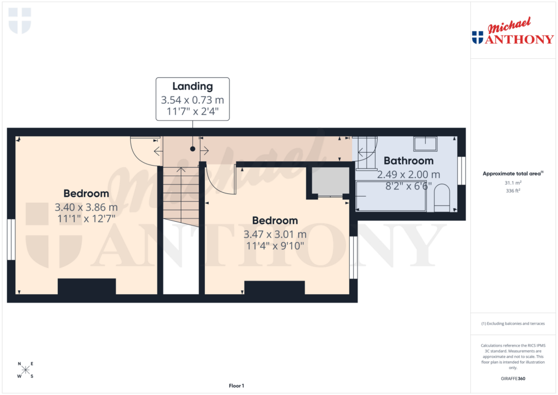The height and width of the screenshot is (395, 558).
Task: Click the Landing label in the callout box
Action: tap(192, 86)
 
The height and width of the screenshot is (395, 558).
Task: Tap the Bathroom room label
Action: tap(409, 161)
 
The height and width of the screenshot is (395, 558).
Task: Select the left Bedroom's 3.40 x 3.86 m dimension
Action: tap(86, 208)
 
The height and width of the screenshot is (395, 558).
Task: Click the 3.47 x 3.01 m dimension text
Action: tap(275, 234)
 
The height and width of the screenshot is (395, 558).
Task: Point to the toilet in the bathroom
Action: tap(442, 198)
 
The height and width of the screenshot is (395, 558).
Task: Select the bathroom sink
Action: tap(425, 143)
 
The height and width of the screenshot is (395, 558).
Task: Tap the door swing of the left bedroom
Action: tap(144, 150)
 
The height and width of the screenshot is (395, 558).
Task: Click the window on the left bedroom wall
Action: tap(11, 240)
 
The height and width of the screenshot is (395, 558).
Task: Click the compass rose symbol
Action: tap(26, 370)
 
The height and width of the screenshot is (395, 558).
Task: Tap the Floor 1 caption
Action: tap(236, 386)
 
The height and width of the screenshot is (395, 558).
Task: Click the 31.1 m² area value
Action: tap(513, 183)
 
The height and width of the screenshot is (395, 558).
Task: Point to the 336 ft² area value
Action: tap(513, 191)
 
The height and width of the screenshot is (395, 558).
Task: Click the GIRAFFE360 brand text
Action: tap(513, 379)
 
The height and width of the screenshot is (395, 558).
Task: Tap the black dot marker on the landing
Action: tap(192, 148)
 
